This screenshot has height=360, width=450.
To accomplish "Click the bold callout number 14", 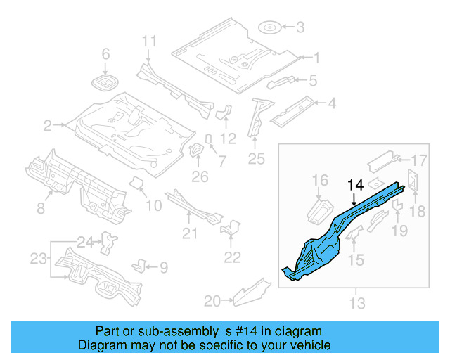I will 355,186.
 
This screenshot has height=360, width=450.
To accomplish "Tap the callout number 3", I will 300,28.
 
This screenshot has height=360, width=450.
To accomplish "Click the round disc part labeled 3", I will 270,28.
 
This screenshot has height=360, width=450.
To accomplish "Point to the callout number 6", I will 106,54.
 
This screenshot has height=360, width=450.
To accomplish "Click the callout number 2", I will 48,126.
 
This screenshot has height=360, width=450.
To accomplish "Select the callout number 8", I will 41,207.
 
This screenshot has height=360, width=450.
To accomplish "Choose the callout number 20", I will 212,301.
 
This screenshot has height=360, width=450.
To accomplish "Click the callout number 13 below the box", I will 357,303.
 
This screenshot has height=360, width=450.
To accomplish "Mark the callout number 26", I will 200,176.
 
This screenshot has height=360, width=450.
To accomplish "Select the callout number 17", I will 419,159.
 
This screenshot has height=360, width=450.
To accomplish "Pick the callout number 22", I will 232,257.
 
